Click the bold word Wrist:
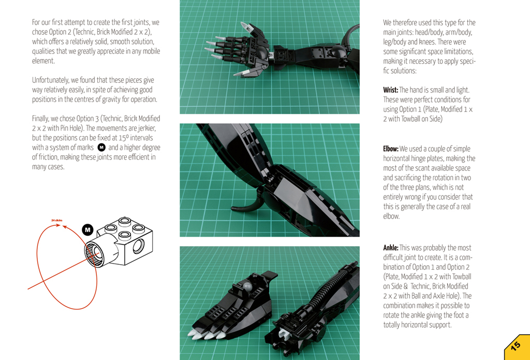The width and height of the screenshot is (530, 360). [390, 90]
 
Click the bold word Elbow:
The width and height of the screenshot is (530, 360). [391, 149]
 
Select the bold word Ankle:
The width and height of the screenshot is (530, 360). [391, 248]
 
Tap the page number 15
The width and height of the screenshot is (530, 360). [516, 347]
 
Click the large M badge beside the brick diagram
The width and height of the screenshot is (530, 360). [87, 230]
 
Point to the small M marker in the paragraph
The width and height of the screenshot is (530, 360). [101, 148]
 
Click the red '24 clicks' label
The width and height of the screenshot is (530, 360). [57, 220]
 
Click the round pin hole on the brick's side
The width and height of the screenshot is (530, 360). [138, 246]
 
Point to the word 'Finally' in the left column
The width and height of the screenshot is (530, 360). [40, 119]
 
